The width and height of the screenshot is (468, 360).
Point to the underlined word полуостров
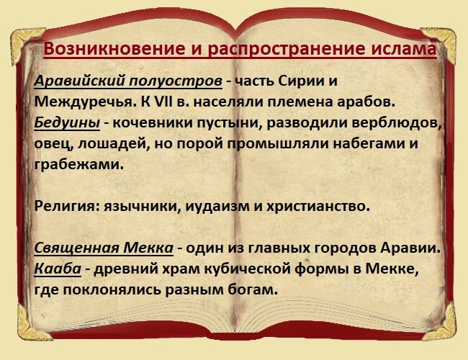176,81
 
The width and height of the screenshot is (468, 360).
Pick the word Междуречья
84,102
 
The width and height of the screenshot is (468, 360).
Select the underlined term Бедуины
67,122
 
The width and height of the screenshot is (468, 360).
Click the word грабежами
78,164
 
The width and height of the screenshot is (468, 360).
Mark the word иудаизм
218,206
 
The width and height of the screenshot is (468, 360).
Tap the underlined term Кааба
58,269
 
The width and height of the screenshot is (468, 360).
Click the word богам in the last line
253,289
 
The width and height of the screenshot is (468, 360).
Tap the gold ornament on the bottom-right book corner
441,323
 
